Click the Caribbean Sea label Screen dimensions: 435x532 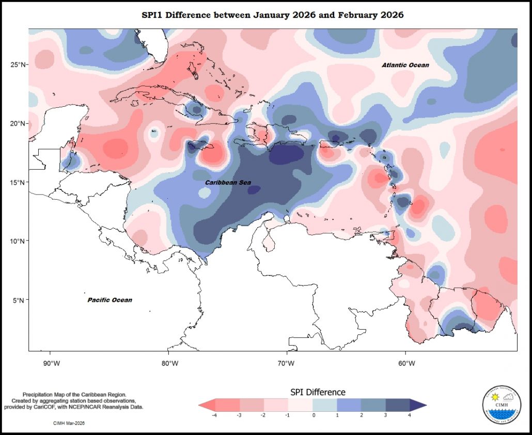pos(228,183)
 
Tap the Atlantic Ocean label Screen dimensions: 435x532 pos(405,66)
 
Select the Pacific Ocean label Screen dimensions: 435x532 pos(109,300)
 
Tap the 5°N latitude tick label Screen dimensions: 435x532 pos(20,300)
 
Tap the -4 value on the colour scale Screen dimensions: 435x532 pos(213,415)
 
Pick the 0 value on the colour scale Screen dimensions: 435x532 pos(314,415)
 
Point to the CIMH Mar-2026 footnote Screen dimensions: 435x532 pos(69,423)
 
